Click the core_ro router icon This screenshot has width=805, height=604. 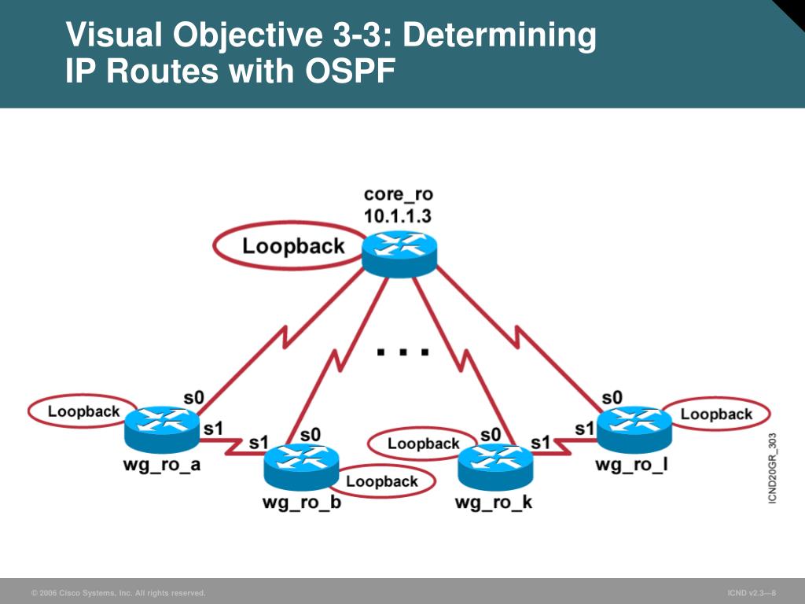[x=399, y=253]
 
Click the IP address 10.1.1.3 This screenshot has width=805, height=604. [x=398, y=216]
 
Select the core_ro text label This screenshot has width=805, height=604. [x=398, y=194]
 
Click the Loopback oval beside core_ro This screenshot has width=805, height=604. [x=293, y=246]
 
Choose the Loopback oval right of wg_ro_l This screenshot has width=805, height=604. [x=716, y=414]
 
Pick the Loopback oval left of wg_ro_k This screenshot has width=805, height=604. [x=423, y=444]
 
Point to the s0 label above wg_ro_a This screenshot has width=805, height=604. [x=193, y=398]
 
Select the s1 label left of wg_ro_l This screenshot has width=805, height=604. [x=583, y=429]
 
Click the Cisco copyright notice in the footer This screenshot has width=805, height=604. [x=118, y=592]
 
